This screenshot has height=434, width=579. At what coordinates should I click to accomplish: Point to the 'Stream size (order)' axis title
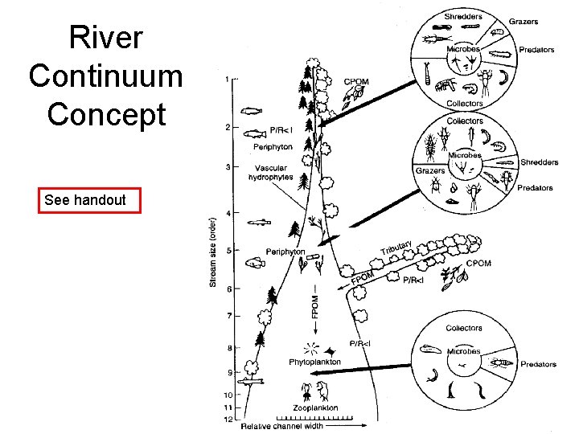213,249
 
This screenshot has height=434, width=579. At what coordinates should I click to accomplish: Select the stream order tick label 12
228,420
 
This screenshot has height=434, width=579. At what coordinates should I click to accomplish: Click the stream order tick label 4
228,213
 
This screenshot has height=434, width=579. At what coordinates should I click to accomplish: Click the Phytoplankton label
314,362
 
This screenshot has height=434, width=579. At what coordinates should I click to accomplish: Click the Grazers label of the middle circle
430,170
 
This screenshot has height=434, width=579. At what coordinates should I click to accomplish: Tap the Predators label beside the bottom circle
538,364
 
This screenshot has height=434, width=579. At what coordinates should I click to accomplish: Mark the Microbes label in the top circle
463,49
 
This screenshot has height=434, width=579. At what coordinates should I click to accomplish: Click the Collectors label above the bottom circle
464,328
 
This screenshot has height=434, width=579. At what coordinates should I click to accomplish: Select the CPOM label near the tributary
478,264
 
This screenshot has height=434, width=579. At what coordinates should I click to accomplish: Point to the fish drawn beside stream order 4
261,221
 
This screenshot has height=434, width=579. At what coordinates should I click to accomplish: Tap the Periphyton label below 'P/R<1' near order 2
273,146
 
